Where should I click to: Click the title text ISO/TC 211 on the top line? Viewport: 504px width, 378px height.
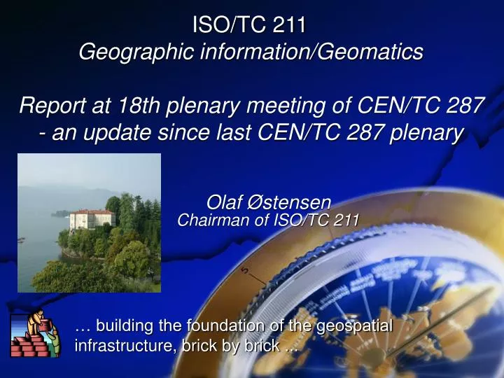point(250,25)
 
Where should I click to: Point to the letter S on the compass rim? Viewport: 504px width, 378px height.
point(244,270)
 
